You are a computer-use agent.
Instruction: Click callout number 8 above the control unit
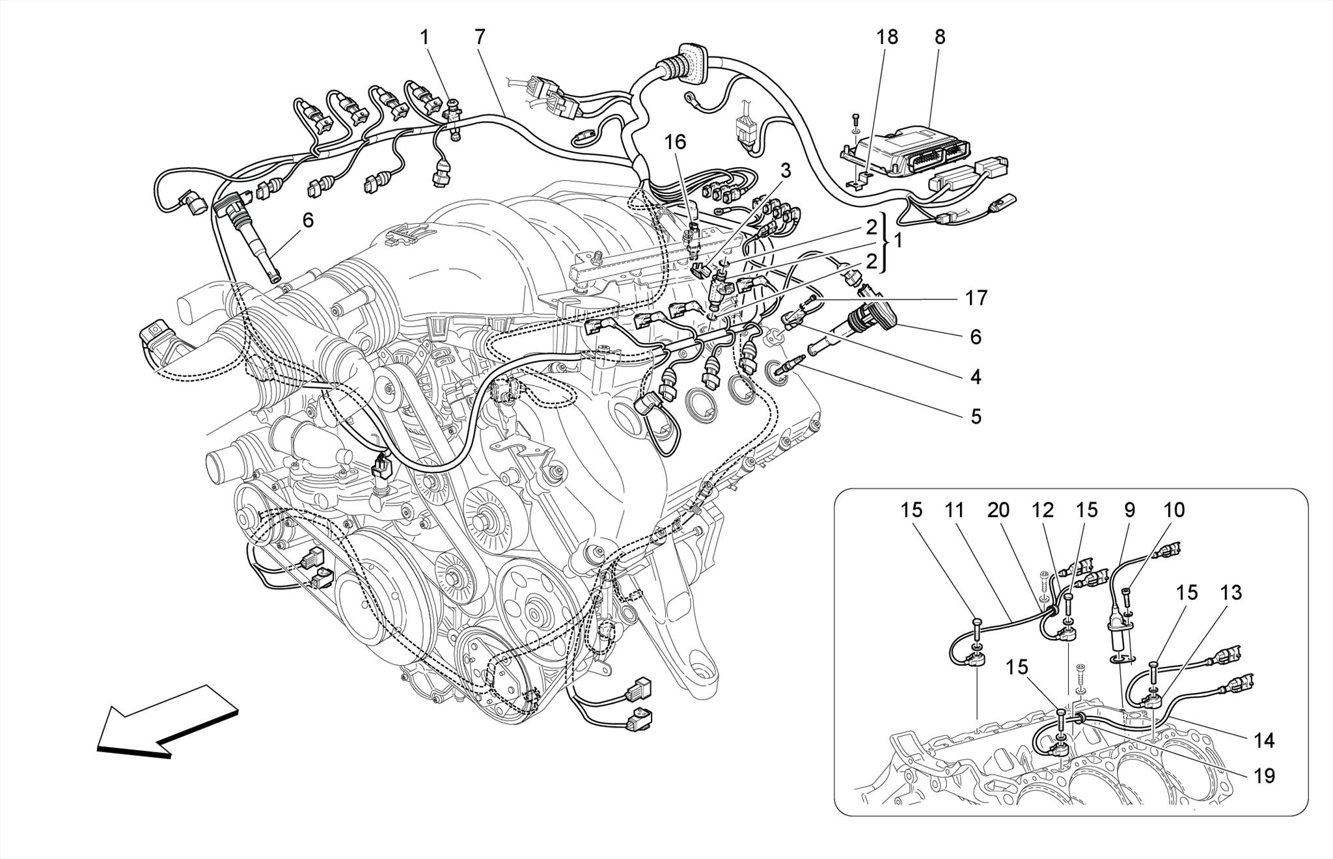coord(939,37)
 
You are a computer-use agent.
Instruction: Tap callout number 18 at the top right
coord(886,37)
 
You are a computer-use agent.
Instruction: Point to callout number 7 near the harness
coord(480,37)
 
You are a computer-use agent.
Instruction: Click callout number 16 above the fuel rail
coord(675,141)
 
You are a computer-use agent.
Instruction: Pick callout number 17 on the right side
coord(976,298)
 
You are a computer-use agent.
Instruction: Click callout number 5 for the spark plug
coord(976,416)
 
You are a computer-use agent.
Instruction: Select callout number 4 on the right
coord(976,376)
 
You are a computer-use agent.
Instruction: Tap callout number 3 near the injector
coord(786,171)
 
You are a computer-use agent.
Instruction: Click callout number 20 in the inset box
coord(998,510)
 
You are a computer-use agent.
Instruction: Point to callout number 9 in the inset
coord(1129,510)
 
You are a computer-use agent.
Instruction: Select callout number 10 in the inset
coord(1174,510)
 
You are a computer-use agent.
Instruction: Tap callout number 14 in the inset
coord(1264,741)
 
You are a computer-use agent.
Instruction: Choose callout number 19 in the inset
coord(1264,776)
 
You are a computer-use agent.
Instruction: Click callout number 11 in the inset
coord(954,510)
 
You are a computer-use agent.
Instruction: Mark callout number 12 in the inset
coord(1043,510)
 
